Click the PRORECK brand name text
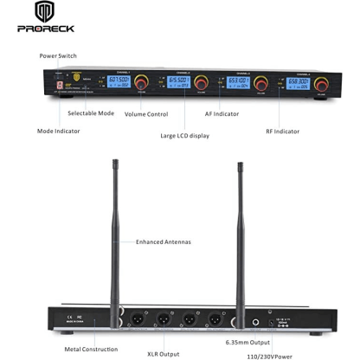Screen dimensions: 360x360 46,29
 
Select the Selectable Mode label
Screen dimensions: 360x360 89,112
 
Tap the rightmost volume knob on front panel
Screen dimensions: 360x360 323,85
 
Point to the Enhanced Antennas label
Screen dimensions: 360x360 163,242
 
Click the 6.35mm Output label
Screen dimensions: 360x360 249,342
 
